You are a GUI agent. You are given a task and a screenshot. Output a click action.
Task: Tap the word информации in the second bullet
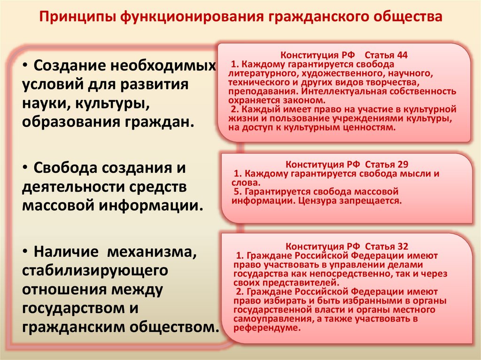pyautogui.click(x=153, y=206)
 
